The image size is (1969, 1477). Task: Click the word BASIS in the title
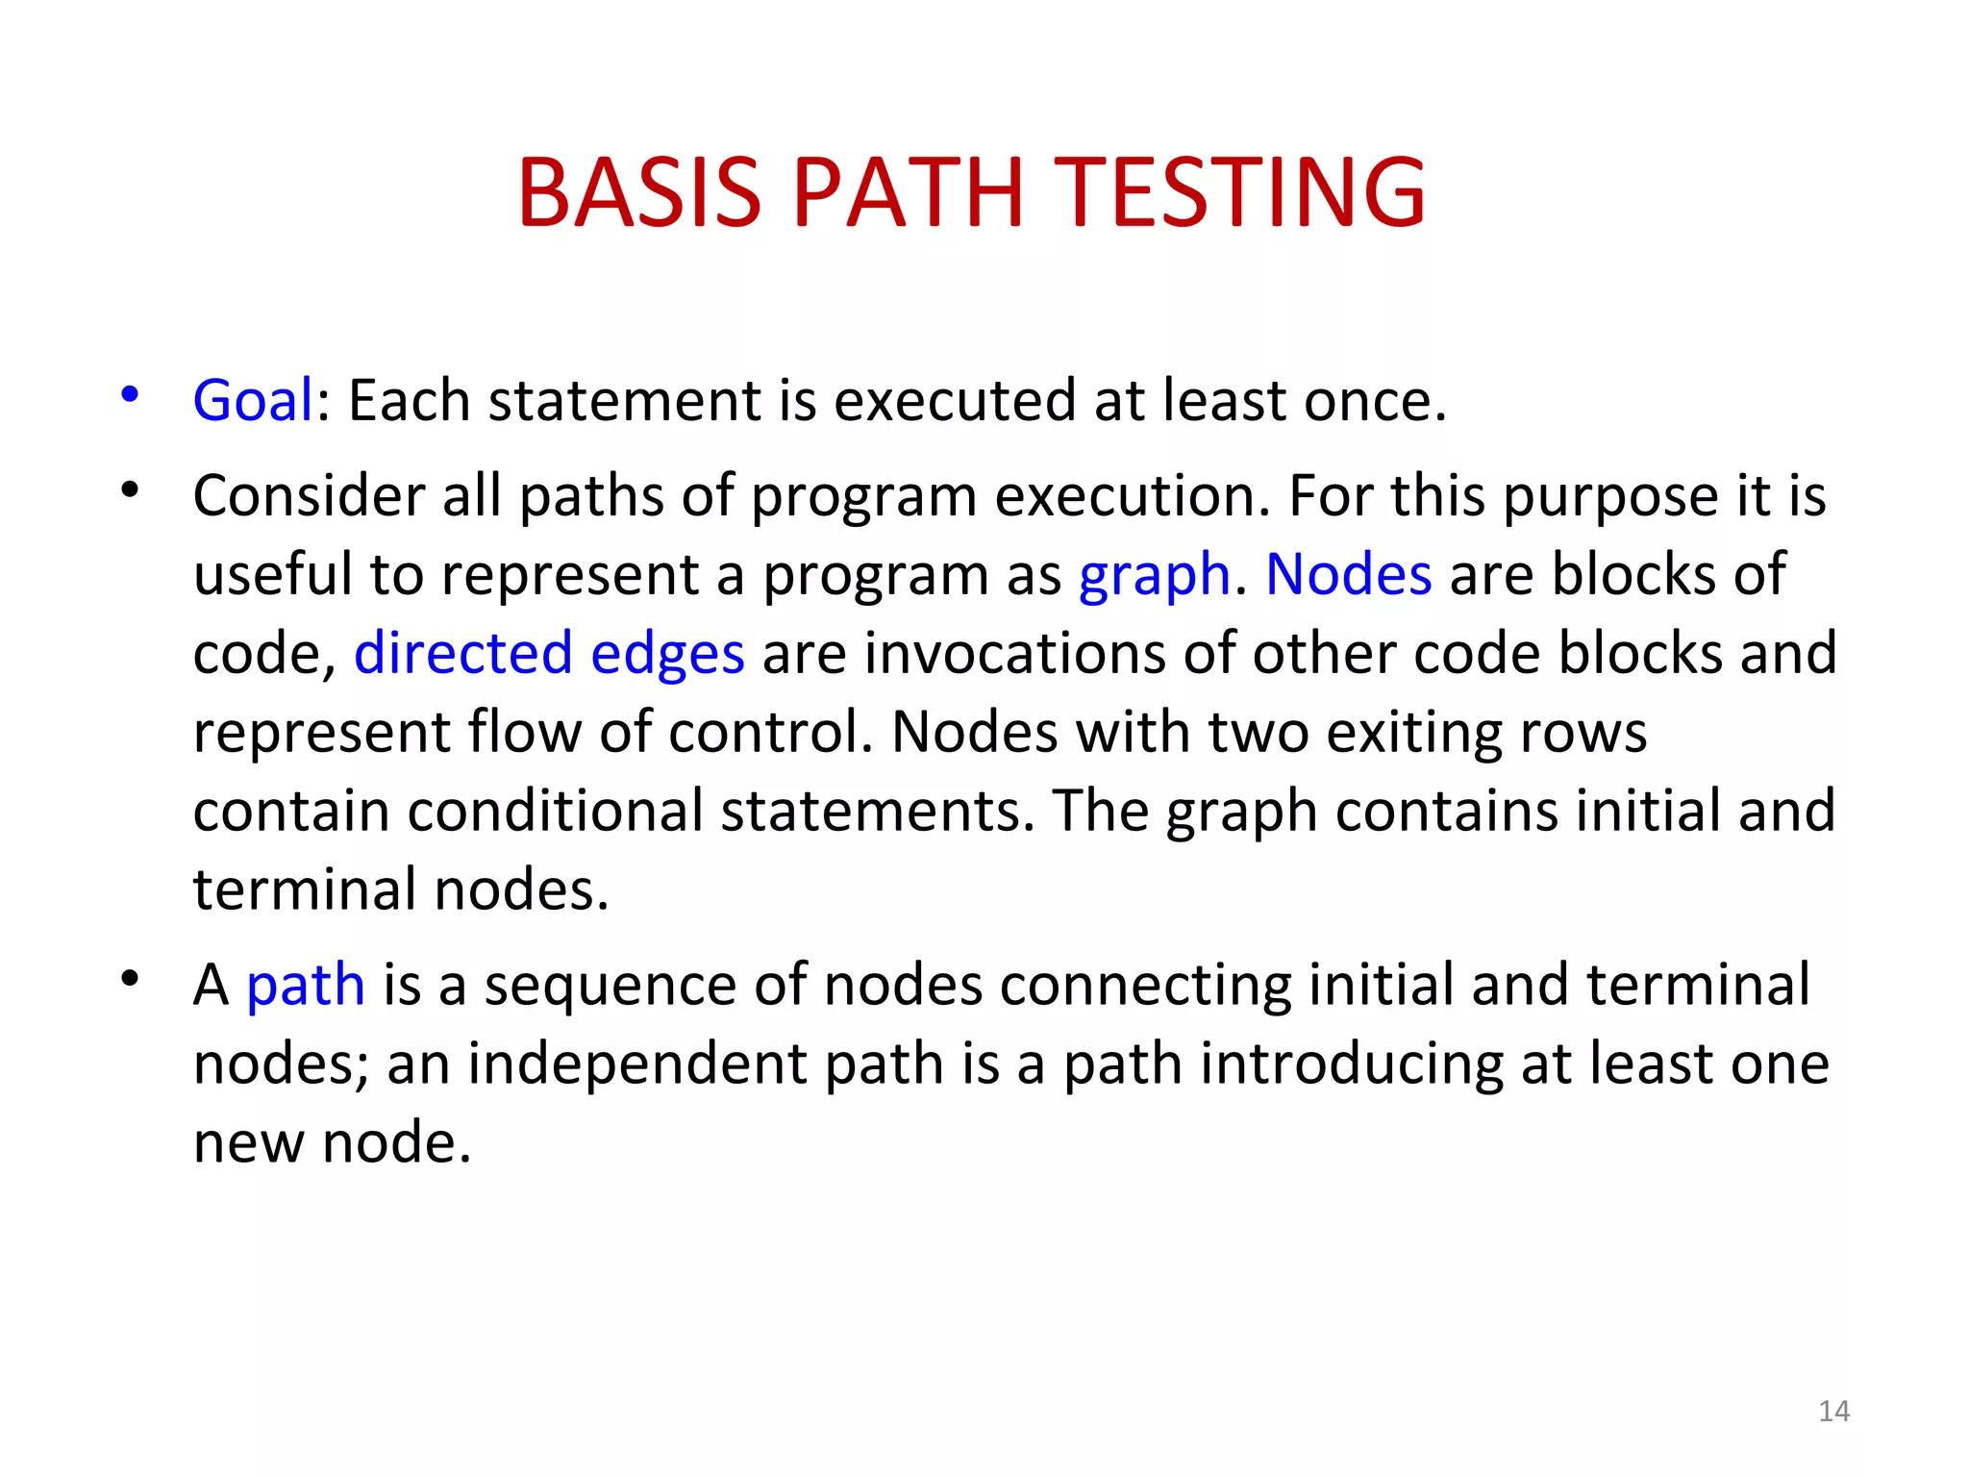(639, 193)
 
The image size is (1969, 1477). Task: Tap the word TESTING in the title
(1240, 193)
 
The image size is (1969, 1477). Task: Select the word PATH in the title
(908, 193)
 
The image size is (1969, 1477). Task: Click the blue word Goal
(253, 400)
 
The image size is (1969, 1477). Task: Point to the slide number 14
(1834, 1411)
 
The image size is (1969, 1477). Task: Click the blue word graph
(1155, 576)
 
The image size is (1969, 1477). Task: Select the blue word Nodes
(1349, 575)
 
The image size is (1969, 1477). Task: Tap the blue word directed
(463, 653)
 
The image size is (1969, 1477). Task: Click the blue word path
(306, 987)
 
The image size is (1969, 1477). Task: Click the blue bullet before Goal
(130, 394)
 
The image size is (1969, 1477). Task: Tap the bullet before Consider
(130, 490)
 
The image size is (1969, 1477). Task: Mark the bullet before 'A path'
(130, 979)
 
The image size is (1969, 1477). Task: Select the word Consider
(309, 496)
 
